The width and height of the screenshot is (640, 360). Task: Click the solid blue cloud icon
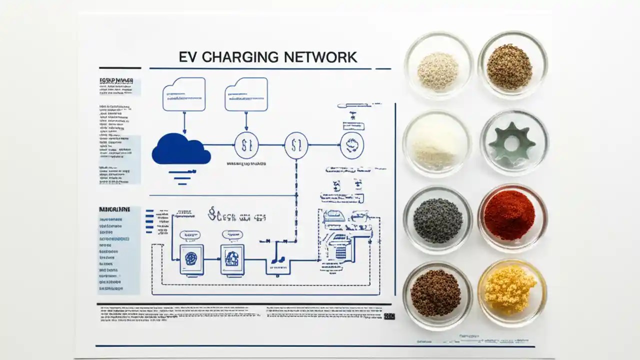pos(180,149)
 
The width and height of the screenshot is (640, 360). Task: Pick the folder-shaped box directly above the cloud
pos(184,94)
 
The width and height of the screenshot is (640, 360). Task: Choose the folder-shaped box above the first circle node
pos(246,94)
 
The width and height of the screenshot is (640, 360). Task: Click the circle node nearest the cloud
pos(246,145)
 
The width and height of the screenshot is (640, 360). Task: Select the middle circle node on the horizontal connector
pos(296,145)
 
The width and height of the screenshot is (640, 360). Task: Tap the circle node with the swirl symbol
pos(352,145)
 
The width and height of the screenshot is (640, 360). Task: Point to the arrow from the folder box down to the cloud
pos(184,122)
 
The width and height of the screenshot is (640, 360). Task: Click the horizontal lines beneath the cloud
pos(180,175)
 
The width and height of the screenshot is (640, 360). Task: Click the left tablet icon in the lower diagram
pos(191,259)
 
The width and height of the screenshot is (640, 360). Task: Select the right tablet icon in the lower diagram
pos(232,259)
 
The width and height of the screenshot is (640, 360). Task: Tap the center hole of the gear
pos(512,144)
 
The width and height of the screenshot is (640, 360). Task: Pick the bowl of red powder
pos(509,215)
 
